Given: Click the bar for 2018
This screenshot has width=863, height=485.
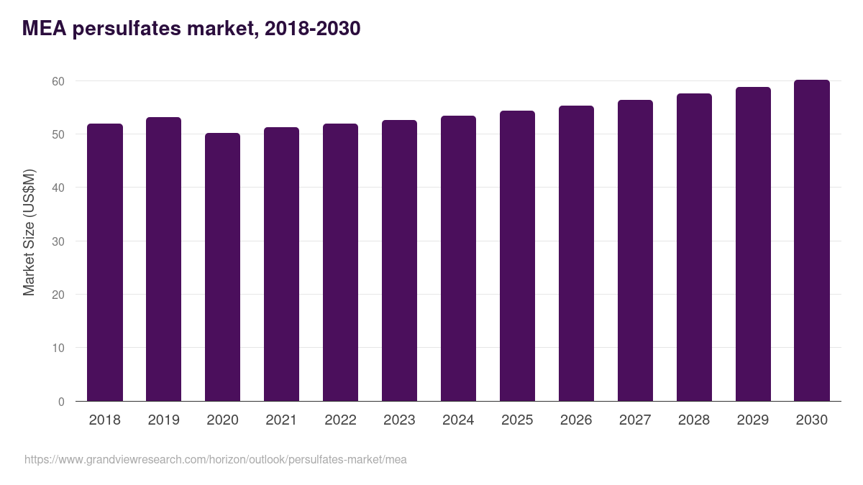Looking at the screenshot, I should pyautogui.click(x=105, y=262).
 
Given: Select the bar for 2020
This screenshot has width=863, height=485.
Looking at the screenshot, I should pyautogui.click(x=223, y=267).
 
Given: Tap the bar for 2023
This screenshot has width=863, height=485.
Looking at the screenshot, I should pyautogui.click(x=399, y=261).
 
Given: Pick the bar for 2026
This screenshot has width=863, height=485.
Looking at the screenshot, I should pyautogui.click(x=576, y=254).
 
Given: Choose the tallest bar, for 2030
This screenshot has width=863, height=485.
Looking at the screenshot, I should pyautogui.click(x=812, y=241).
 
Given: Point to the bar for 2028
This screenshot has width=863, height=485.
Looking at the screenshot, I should pyautogui.click(x=694, y=247).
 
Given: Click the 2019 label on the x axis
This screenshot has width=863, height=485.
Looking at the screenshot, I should pyautogui.click(x=164, y=420).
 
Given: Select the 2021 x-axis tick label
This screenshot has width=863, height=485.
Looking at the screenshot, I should pyautogui.click(x=282, y=420).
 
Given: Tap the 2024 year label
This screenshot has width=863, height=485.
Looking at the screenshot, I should pyautogui.click(x=458, y=420).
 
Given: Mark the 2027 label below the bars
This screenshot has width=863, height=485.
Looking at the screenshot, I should pyautogui.click(x=635, y=420).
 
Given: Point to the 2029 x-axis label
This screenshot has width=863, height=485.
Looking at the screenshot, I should pyautogui.click(x=753, y=420).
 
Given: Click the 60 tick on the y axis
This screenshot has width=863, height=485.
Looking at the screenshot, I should pyautogui.click(x=58, y=81).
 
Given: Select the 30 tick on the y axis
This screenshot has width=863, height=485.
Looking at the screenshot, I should pyautogui.click(x=58, y=241).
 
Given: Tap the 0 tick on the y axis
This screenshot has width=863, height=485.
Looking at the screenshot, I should pyautogui.click(x=61, y=402).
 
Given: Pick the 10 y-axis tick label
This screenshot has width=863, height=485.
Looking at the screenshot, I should pyautogui.click(x=58, y=348).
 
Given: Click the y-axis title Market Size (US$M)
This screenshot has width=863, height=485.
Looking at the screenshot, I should pyautogui.click(x=29, y=232).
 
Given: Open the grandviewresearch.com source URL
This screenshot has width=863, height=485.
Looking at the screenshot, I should pyautogui.click(x=216, y=460).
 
